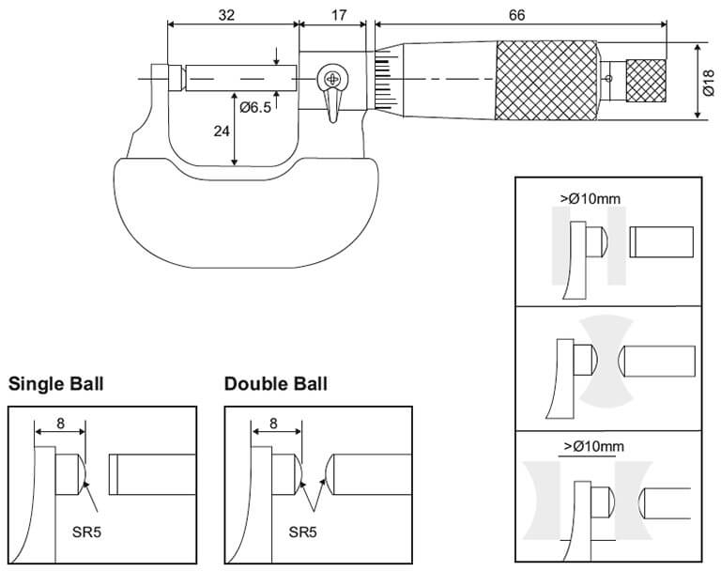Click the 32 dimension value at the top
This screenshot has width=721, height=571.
(226, 15)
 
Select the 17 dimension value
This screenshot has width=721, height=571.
(338, 15)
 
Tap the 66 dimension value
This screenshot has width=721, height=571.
(516, 15)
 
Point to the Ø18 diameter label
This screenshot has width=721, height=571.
(709, 83)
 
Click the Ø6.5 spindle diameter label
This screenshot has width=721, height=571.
(255, 108)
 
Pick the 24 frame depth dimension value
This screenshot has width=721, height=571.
(222, 131)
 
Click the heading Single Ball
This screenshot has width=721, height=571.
(56, 384)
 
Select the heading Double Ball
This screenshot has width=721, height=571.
(276, 384)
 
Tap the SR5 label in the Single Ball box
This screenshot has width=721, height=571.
(86, 532)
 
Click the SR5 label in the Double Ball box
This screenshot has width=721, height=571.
(302, 532)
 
